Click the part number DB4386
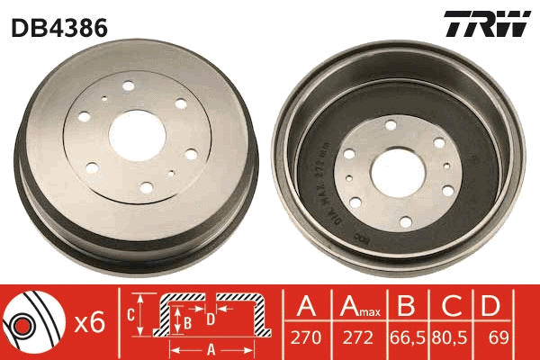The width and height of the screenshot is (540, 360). (x=59, y=28)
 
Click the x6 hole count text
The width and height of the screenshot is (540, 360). (x=88, y=322)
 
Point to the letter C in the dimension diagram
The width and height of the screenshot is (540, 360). (x=131, y=314)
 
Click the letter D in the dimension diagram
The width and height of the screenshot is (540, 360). (x=210, y=317)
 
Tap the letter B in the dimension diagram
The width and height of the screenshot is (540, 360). (x=187, y=319)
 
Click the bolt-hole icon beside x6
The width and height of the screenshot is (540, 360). (x=31, y=321)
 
